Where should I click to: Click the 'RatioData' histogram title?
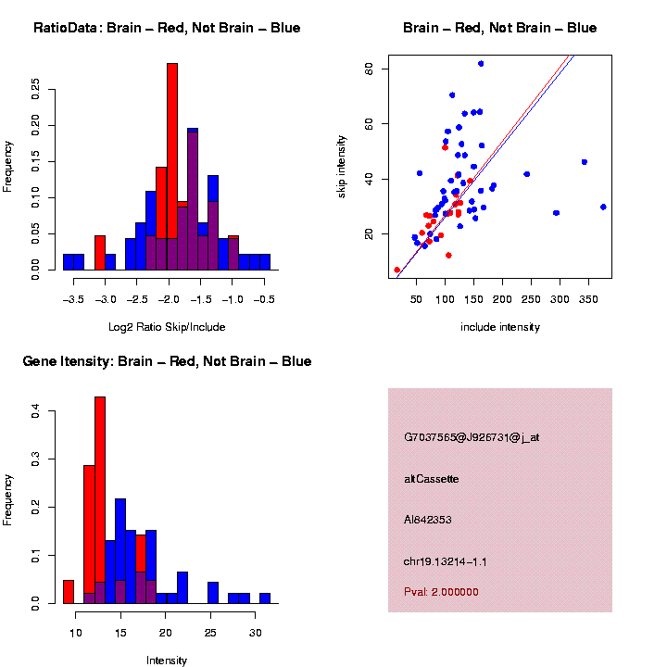167,28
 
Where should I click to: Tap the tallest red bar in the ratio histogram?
172,167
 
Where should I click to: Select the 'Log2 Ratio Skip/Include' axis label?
167,327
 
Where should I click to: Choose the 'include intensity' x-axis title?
500,327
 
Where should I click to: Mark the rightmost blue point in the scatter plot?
603,207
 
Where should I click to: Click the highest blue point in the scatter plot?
481,64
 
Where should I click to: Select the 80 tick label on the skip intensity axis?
370,69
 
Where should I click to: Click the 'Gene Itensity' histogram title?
167,361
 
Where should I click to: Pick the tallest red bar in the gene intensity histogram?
100,500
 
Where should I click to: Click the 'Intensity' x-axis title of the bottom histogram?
167,661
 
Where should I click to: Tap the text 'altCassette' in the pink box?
432,479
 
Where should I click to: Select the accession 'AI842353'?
428,520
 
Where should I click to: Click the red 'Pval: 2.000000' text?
442,592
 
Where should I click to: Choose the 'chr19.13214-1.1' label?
446,561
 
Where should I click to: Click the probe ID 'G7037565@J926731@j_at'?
472,437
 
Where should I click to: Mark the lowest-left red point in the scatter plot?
397,270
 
